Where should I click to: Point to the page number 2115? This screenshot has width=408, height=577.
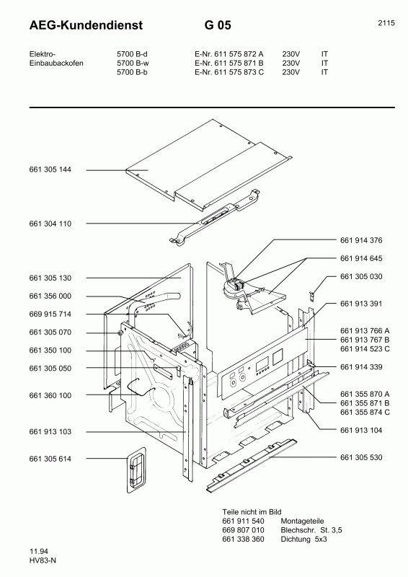pyautogui.click(x=386, y=23)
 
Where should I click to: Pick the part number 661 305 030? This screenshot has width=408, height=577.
pyautogui.click(x=361, y=277)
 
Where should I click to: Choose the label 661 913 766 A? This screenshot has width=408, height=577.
pyautogui.click(x=365, y=330)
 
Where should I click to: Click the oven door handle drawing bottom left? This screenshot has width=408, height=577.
pyautogui.click(x=134, y=471)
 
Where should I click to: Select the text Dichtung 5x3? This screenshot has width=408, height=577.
pyautogui.click(x=303, y=539)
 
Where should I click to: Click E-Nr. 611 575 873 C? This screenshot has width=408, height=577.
pyautogui.click(x=229, y=72)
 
